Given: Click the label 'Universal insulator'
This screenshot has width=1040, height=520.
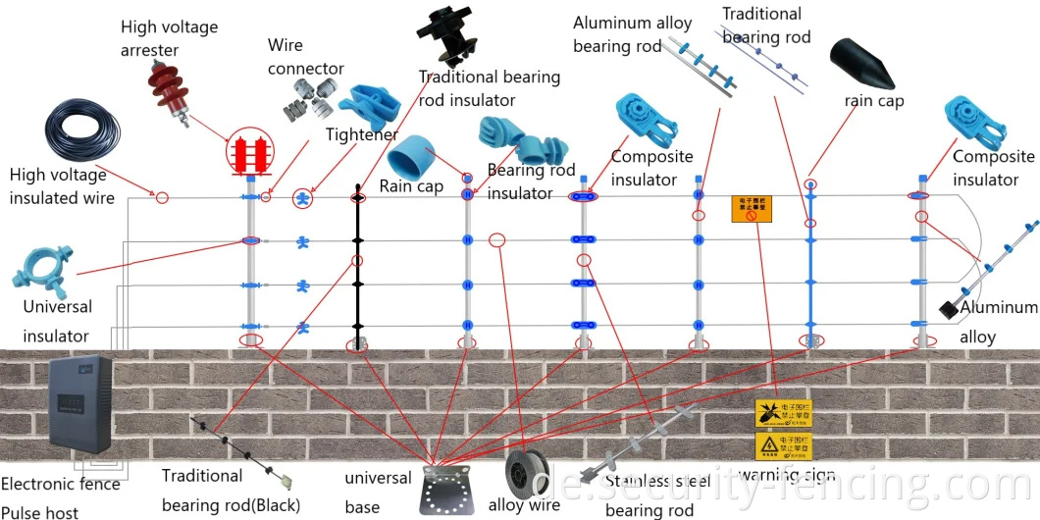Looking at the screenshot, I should click(x=57, y=321).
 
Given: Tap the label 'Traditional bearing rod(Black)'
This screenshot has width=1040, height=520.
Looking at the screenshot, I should click(x=231, y=490).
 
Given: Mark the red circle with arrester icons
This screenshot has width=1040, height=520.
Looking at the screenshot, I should click(x=249, y=153).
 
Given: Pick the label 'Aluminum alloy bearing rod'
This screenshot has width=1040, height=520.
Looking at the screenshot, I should click(x=632, y=34).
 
